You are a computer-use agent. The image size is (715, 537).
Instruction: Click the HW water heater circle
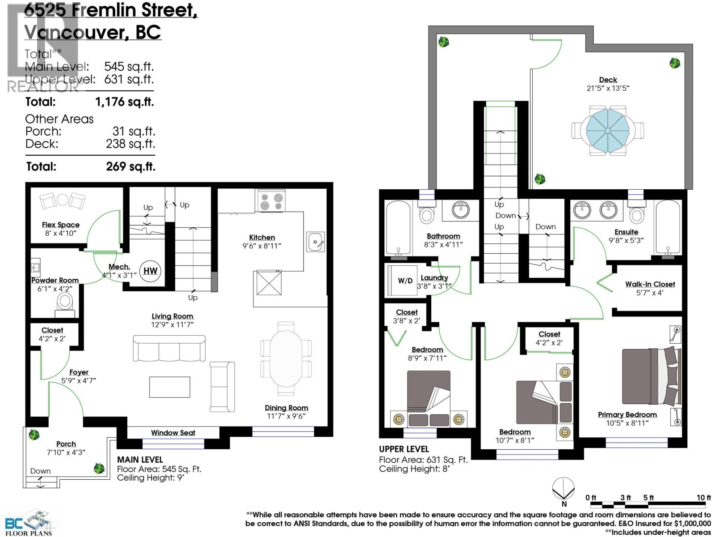click(x=150, y=271)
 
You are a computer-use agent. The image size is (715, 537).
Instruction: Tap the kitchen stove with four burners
click(x=270, y=200)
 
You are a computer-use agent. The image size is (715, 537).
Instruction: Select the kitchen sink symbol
click(x=315, y=242)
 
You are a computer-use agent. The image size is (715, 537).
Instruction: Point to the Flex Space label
click(x=61, y=225)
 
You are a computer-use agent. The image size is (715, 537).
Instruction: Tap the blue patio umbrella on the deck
click(x=608, y=131)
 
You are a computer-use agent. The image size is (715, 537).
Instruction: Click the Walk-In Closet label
click(x=650, y=284)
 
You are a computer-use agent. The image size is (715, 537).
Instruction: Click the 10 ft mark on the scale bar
click(x=703, y=498)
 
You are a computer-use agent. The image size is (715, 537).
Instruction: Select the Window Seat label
click(x=173, y=433)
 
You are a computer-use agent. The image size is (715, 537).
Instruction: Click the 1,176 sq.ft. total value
click(x=124, y=102)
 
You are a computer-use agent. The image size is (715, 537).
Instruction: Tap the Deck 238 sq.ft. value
click(x=130, y=144)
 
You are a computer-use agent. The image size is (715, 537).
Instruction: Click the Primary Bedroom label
click(x=627, y=414)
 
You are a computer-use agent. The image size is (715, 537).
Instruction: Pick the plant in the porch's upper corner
click(x=33, y=434)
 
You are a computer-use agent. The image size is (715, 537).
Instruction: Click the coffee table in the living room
click(x=169, y=387)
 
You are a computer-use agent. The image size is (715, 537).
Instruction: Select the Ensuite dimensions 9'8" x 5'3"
click(x=626, y=240)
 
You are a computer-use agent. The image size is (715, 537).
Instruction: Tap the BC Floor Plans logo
click(x=29, y=523)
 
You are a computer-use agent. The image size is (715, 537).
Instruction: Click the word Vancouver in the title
click(x=74, y=32)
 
